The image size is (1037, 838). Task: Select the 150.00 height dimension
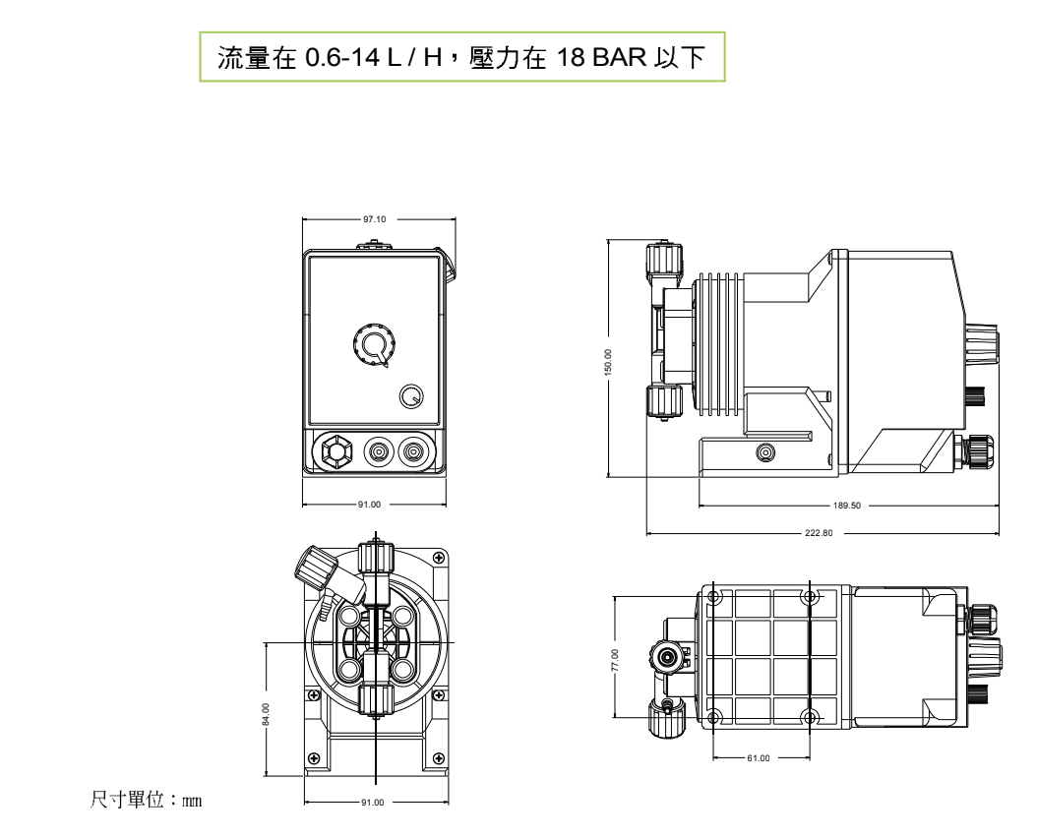pos(608,361)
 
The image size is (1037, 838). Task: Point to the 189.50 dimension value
pos(846,506)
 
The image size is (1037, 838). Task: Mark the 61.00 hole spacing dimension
pos(760,758)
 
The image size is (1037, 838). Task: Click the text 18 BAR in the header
pos(599,58)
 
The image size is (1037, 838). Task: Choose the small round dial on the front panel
pos(411,396)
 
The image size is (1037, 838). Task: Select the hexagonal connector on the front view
pos(335,452)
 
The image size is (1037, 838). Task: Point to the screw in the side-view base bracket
pos(764,452)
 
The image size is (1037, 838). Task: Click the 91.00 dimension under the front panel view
pos(370,505)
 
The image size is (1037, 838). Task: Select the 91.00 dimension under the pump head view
pos(372,803)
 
